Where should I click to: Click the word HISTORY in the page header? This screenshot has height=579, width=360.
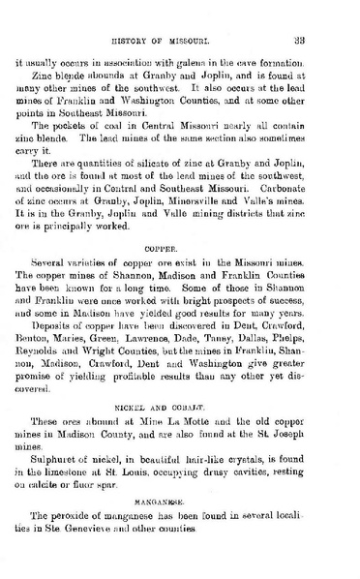coord(146,39)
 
